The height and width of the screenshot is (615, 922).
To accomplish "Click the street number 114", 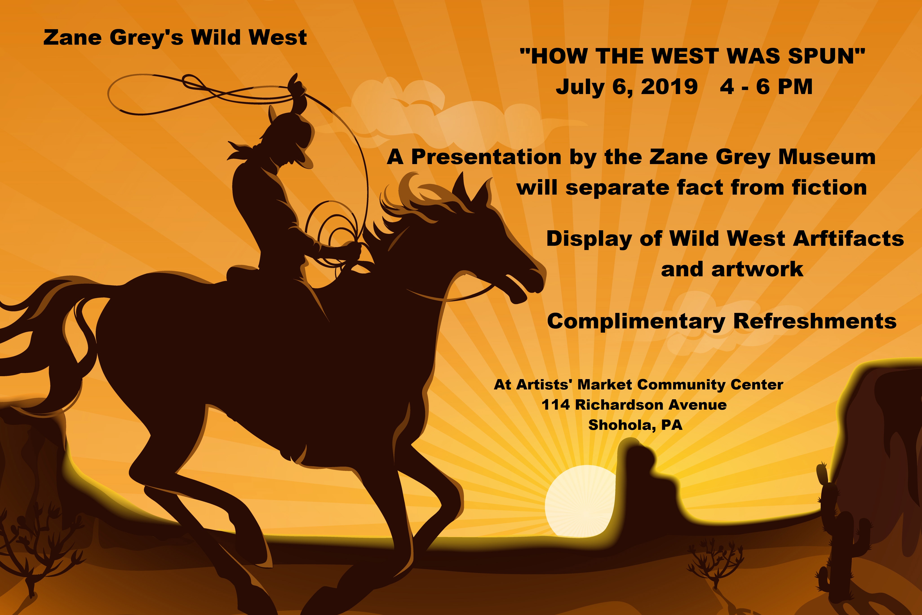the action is click(x=555, y=405).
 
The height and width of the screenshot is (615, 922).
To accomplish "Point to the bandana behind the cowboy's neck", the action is click(x=241, y=151).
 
